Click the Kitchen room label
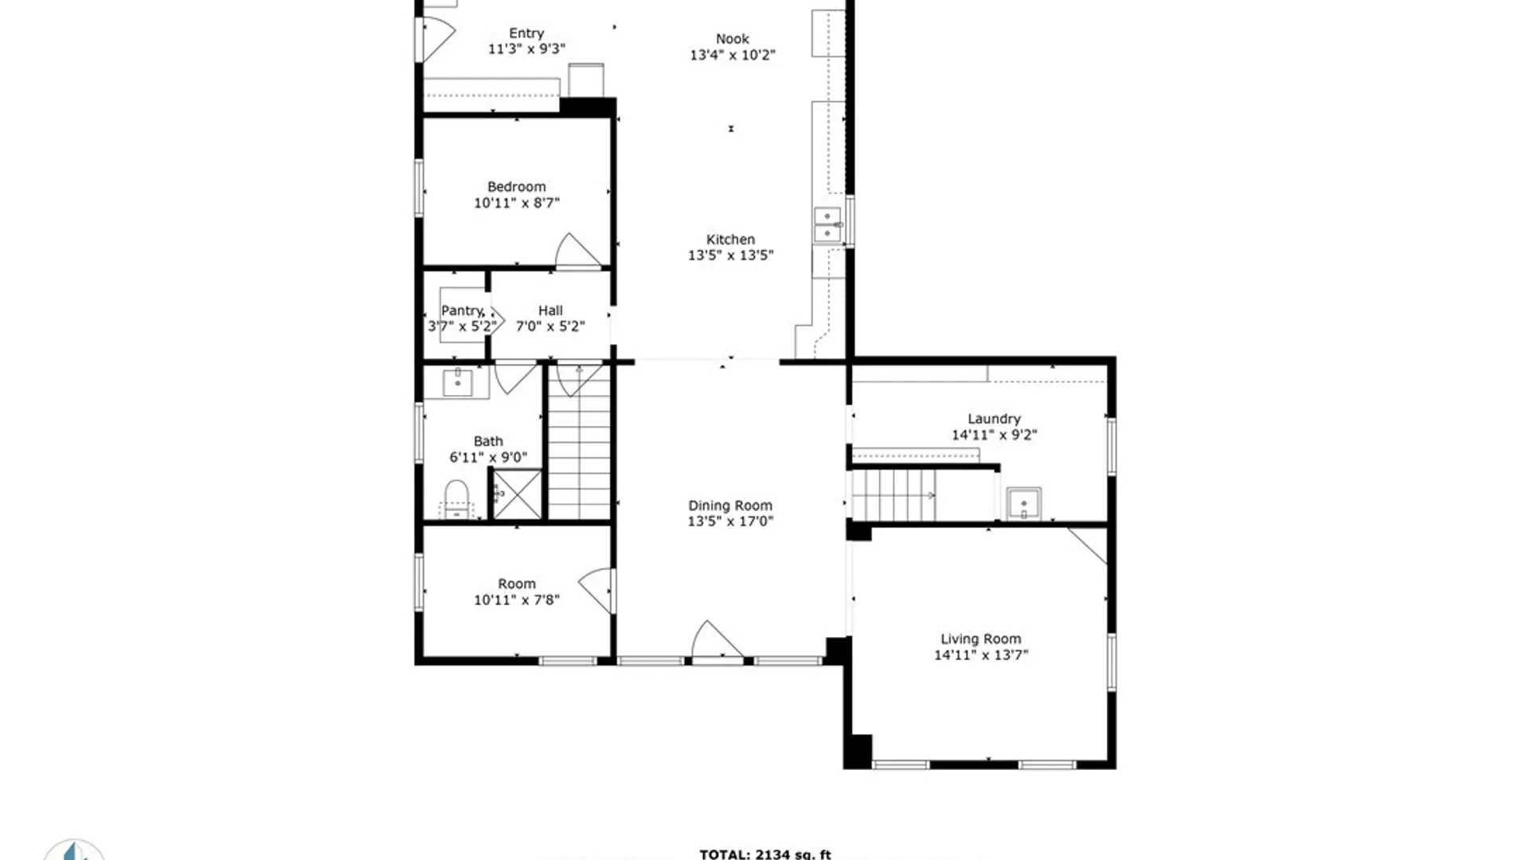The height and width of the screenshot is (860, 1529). click(730, 239)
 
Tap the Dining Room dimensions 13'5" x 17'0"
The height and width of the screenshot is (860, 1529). click(730, 522)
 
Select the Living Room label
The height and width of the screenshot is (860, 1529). click(980, 639)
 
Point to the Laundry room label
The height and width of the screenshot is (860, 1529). click(994, 419)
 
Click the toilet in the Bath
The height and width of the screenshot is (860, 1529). click(456, 498)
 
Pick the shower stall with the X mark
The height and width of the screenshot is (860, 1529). click(517, 494)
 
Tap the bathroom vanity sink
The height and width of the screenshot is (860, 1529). click(458, 382)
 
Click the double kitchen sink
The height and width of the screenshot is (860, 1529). click(827, 225)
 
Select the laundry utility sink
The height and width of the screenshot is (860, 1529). click(1023, 504)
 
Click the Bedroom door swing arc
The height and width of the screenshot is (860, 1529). click(575, 252)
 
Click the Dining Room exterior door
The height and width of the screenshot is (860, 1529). click(716, 641)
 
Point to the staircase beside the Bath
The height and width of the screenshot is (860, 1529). click(579, 462)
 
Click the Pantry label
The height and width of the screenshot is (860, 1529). click(463, 311)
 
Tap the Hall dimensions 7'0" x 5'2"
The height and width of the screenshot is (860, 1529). click(550, 326)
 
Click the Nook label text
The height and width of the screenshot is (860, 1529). click(732, 39)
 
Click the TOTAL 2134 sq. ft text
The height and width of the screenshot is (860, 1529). click(764, 854)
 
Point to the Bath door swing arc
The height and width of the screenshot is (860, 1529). click(515, 377)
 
